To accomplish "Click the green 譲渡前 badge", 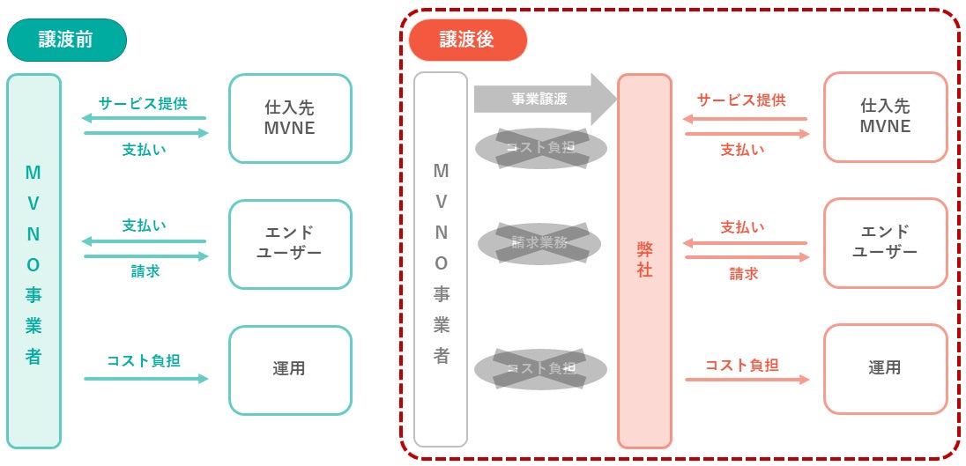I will point(66,40).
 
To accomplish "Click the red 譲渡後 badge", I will point(466,40).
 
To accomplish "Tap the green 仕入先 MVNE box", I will point(289,118).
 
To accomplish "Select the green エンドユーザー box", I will point(289,243).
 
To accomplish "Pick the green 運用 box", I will point(289,369).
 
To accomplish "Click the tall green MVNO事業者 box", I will point(33,262).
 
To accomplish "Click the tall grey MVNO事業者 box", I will point(441,262).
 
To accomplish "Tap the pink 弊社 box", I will point(644,262).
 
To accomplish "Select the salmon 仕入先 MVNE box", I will point(885,117).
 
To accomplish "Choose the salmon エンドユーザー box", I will point(885,242).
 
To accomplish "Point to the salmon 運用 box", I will point(885,368).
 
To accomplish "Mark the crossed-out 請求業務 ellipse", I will point(539,243).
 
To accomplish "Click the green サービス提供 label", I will point(143,102).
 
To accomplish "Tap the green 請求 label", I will point(145,271).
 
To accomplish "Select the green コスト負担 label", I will point(145,360).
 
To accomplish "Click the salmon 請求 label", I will point(743,274).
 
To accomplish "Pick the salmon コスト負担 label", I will point(742,364).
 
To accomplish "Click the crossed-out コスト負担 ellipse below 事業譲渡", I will point(540,147).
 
